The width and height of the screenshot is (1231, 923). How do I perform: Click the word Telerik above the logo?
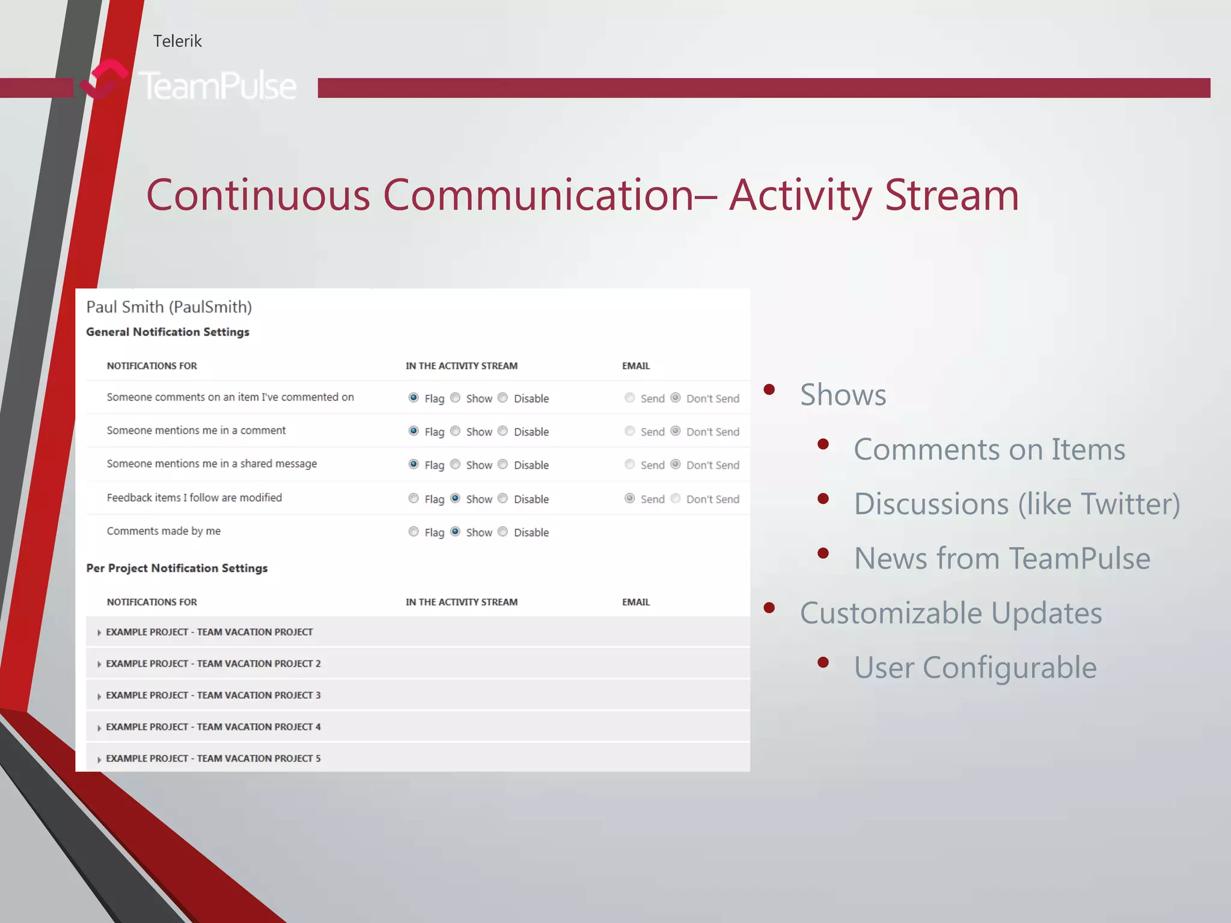(x=177, y=41)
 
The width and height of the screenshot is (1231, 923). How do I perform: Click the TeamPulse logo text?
(x=218, y=85)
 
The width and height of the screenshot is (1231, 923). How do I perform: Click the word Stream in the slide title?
(x=952, y=195)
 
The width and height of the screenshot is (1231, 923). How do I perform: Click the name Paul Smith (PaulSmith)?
(x=169, y=307)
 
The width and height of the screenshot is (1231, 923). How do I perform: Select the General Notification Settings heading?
(x=168, y=332)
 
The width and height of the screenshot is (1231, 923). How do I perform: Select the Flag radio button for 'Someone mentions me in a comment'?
(x=414, y=431)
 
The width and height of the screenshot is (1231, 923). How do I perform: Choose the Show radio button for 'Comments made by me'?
(x=456, y=531)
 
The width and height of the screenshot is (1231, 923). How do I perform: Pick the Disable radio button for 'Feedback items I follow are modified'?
(x=503, y=498)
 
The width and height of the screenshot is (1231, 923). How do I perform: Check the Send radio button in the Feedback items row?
(x=630, y=498)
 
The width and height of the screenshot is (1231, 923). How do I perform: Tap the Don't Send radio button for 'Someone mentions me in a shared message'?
(x=676, y=464)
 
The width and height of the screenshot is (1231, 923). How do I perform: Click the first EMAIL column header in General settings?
(x=636, y=366)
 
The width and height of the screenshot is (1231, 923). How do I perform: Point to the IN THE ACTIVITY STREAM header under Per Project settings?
(x=461, y=602)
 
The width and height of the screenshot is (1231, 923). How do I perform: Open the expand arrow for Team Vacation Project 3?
(x=99, y=696)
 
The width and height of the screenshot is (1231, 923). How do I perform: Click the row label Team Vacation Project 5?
(x=213, y=758)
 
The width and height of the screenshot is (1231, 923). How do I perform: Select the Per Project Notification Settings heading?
(x=177, y=568)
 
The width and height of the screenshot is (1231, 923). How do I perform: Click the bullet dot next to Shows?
(x=769, y=389)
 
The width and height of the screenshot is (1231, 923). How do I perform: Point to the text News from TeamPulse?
(x=1002, y=558)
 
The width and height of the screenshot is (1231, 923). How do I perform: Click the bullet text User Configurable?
(x=975, y=668)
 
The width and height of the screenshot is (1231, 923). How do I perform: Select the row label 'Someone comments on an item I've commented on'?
(x=230, y=397)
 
